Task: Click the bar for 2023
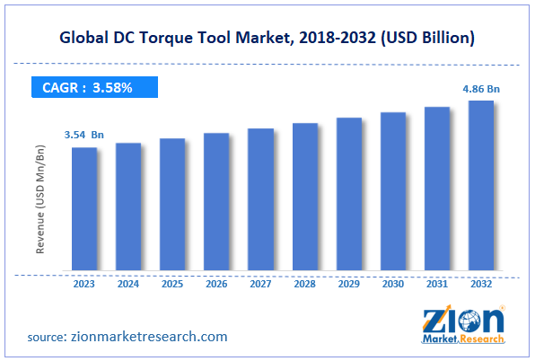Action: click(x=84, y=208)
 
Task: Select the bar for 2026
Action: click(x=216, y=201)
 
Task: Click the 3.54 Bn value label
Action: click(x=83, y=135)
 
